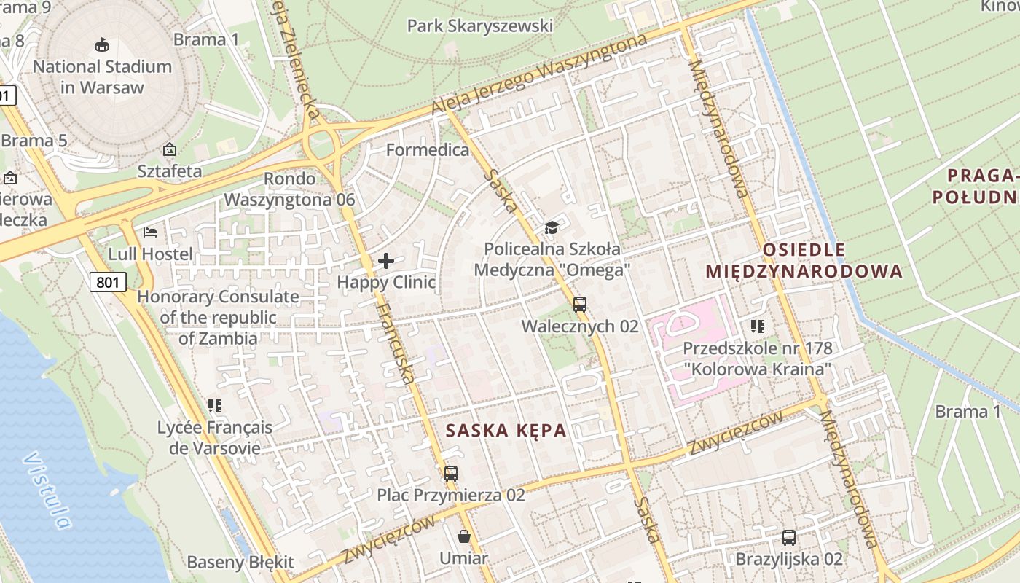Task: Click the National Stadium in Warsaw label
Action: pos(102,77)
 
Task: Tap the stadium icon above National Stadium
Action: pos(102,45)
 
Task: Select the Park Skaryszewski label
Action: pos(479,26)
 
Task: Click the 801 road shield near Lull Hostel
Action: pos(109,282)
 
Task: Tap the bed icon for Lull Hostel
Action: pos(150,232)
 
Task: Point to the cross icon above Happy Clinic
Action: pos(386,260)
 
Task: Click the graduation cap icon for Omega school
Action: pos(552,227)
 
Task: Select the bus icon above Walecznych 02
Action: pos(580,305)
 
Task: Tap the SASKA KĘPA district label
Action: pos(506,430)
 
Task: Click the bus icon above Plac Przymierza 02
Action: pos(451,474)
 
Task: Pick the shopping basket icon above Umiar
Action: pos(464,537)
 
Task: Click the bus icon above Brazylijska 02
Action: pos(789,538)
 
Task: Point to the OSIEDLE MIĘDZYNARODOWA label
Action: pos(804,261)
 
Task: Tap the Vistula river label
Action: pos(48,490)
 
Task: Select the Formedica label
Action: pos(428,150)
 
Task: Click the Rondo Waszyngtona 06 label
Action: pos(289,189)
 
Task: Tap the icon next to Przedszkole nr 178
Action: pos(758,326)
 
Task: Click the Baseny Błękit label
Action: pos(240,562)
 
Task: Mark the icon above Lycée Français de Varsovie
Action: pos(214,405)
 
